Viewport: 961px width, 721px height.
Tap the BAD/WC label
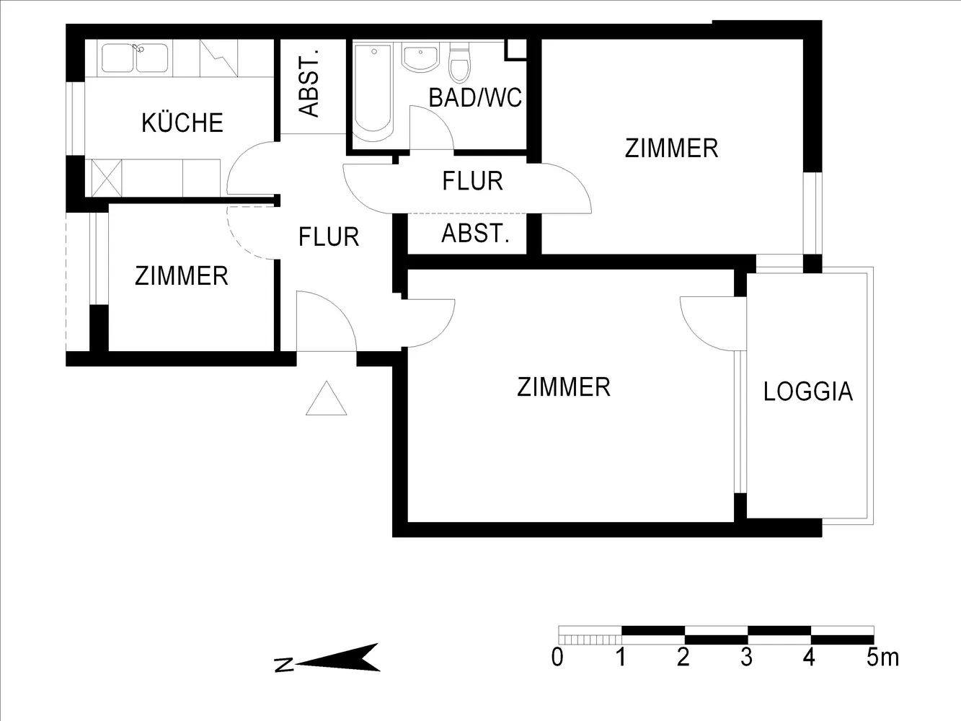pyautogui.click(x=475, y=97)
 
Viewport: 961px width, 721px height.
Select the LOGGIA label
pyautogui.click(x=808, y=392)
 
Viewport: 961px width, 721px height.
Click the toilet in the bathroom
pyautogui.click(x=459, y=62)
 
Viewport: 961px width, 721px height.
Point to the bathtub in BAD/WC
pyautogui.click(x=373, y=92)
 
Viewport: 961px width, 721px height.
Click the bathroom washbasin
pyautogui.click(x=420, y=58)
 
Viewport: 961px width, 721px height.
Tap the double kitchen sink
pyautogui.click(x=135, y=58)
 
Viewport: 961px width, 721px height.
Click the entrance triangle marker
pyautogui.click(x=326, y=399)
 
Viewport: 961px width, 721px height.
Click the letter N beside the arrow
pyautogui.click(x=284, y=665)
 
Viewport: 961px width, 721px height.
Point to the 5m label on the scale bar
pyautogui.click(x=882, y=658)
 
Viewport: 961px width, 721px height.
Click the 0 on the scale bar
pyautogui.click(x=557, y=658)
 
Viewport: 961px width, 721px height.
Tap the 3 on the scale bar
pyautogui.click(x=747, y=658)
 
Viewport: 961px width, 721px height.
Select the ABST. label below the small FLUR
pyautogui.click(x=476, y=234)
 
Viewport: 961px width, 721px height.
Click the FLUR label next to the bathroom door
pyautogui.click(x=472, y=181)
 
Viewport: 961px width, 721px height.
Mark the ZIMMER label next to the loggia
pyautogui.click(x=564, y=387)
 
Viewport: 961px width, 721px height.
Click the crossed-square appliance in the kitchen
pyautogui.click(x=107, y=178)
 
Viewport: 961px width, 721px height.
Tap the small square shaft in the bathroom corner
pyautogui.click(x=515, y=50)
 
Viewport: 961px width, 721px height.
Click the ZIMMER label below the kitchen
pyautogui.click(x=181, y=276)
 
